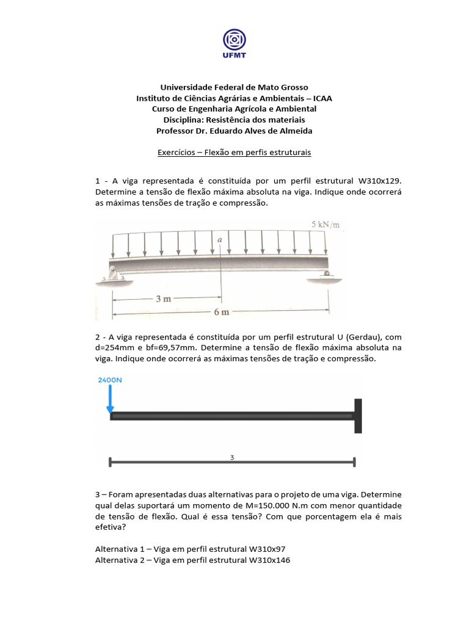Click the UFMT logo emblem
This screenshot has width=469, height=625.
tap(234, 41)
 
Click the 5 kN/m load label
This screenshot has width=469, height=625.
tap(325, 225)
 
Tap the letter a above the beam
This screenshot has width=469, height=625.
tap(220, 240)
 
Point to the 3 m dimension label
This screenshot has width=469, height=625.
tap(163, 299)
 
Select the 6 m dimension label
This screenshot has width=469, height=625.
tap(220, 312)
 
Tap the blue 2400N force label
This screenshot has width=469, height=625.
tap(110, 380)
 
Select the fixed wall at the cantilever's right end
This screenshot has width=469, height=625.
tap(358, 416)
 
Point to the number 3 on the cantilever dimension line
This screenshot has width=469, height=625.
tap(232, 457)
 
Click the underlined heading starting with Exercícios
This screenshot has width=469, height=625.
tap(234, 153)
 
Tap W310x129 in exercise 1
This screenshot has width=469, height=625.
tap(380, 181)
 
